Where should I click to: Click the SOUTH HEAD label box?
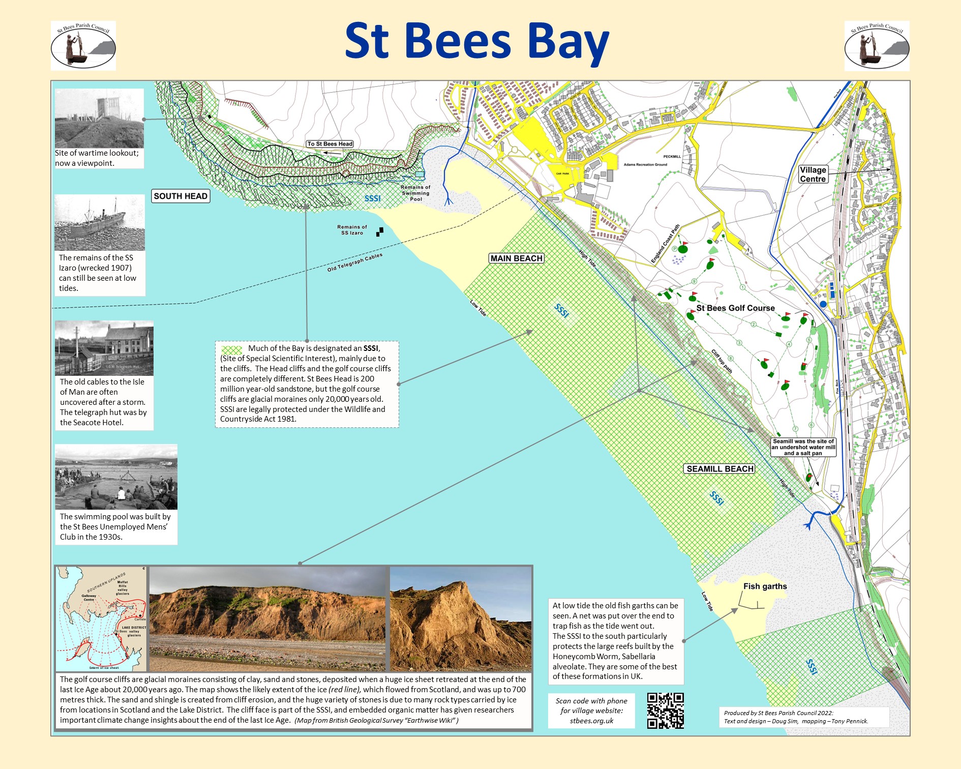point(181,196)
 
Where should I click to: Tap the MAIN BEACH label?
point(516,258)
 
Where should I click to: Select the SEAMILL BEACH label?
point(719,469)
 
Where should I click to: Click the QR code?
point(665,711)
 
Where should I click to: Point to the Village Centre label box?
point(813,174)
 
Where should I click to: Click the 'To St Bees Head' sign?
point(330,144)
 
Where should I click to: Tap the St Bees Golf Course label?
point(735,308)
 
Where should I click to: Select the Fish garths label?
point(765,586)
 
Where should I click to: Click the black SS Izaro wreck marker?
point(380,232)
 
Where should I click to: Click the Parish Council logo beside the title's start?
point(83,45)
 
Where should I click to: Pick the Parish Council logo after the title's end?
point(877,45)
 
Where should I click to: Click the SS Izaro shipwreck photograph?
point(100,223)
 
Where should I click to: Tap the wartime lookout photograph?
point(99,119)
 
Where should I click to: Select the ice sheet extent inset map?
point(101,618)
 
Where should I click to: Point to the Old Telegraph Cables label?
point(354,262)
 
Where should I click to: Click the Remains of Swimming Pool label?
point(415,193)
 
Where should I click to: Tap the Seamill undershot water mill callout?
point(803,447)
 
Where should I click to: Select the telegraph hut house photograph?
point(104,348)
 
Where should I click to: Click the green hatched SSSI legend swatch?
point(232,350)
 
